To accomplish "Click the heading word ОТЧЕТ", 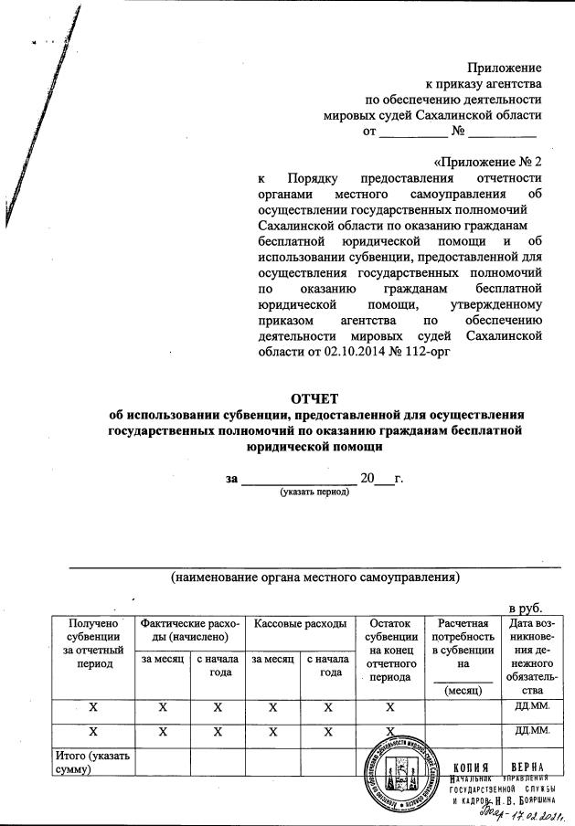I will point(314,398).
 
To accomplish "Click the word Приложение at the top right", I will point(504,68).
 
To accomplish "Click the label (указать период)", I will point(314,492).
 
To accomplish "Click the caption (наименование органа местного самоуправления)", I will point(314,577).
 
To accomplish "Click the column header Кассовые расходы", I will point(300,623).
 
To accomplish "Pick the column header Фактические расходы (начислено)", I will point(190,630).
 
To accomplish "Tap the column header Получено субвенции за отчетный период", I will point(93,643).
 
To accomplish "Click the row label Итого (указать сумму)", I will point(93,762).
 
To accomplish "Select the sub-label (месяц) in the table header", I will point(462,691).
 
